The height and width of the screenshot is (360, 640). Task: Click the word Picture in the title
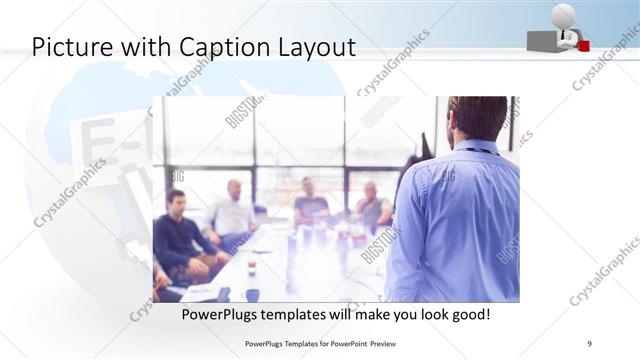[x=71, y=46]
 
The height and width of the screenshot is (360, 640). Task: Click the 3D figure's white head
[x=563, y=14]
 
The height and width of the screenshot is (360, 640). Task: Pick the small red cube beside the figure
[x=583, y=44]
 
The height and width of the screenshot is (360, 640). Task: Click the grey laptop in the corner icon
[x=543, y=39]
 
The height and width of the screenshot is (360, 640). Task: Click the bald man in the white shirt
[x=233, y=211]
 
